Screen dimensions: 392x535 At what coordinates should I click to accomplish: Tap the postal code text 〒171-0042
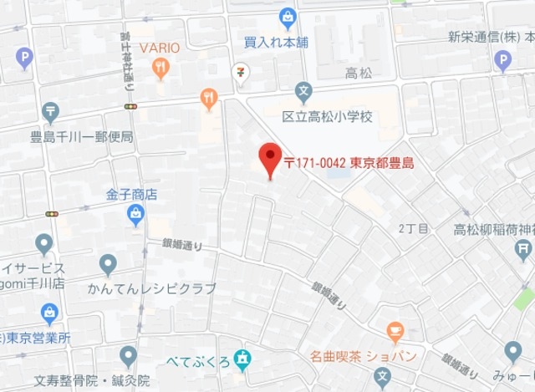pyautogui.click(x=313, y=163)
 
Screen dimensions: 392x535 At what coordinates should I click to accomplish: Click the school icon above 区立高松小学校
pyautogui.click(x=304, y=90)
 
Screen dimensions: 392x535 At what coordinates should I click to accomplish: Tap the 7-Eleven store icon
pyautogui.click(x=241, y=72)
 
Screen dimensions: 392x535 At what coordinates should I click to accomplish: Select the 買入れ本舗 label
pyautogui.click(x=276, y=41)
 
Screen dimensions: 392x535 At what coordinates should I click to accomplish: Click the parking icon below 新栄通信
pyautogui.click(x=502, y=59)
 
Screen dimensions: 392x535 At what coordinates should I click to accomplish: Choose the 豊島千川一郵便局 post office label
pyautogui.click(x=81, y=135)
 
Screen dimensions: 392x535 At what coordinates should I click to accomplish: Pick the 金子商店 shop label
pyautogui.click(x=131, y=194)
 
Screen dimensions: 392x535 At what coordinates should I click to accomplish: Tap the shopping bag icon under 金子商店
pyautogui.click(x=134, y=216)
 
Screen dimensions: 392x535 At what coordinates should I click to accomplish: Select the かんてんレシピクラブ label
pyautogui.click(x=151, y=288)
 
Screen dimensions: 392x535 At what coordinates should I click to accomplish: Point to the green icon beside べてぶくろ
pyautogui.click(x=242, y=359)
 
